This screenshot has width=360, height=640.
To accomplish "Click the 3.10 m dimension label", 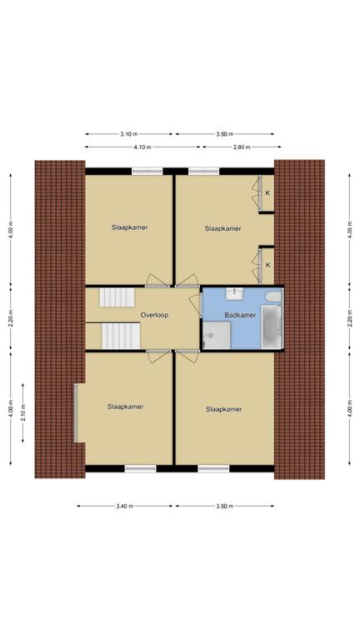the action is [129, 134].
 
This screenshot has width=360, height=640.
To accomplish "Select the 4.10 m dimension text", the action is [142, 147].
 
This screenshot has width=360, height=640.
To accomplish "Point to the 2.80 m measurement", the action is [242, 147].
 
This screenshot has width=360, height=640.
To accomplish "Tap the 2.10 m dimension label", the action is [22, 412].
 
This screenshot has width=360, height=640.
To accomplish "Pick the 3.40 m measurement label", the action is [125, 506].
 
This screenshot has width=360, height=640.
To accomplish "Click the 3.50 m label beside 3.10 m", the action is [225, 134].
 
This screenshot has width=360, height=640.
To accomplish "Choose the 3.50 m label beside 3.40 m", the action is [225, 506].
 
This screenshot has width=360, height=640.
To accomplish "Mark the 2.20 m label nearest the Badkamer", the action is [350, 317].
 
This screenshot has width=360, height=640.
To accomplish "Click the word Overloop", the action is [154, 315].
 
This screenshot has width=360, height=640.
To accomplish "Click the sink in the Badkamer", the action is [235, 293].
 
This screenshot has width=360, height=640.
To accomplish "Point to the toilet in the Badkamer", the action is [210, 336].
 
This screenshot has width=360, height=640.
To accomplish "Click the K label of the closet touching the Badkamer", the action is [268, 265].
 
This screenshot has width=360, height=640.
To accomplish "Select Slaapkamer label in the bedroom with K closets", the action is [222, 228].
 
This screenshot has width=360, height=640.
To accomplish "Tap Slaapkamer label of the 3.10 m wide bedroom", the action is [129, 227].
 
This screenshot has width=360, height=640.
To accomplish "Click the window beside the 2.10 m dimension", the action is [76, 412].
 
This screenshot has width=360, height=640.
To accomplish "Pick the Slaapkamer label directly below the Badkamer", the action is [223, 409].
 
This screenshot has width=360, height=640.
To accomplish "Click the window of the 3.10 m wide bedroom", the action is [147, 172].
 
